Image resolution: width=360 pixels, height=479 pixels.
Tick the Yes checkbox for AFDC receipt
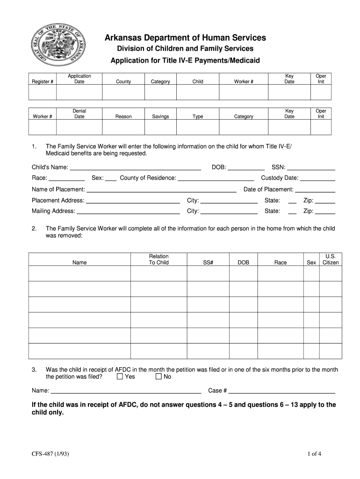tap(120, 377)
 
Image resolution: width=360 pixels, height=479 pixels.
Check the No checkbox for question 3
tap(158, 377)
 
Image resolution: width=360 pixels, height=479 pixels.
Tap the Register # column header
tap(43, 82)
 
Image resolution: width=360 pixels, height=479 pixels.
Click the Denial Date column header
tap(79, 114)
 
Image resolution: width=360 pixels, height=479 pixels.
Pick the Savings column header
tap(160, 116)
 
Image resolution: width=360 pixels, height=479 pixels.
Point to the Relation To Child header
tap(159, 260)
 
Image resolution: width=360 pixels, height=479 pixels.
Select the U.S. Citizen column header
tap(331, 260)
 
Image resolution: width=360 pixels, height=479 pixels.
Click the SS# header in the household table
tap(208, 263)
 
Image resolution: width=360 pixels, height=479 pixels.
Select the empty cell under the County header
tap(123, 93)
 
